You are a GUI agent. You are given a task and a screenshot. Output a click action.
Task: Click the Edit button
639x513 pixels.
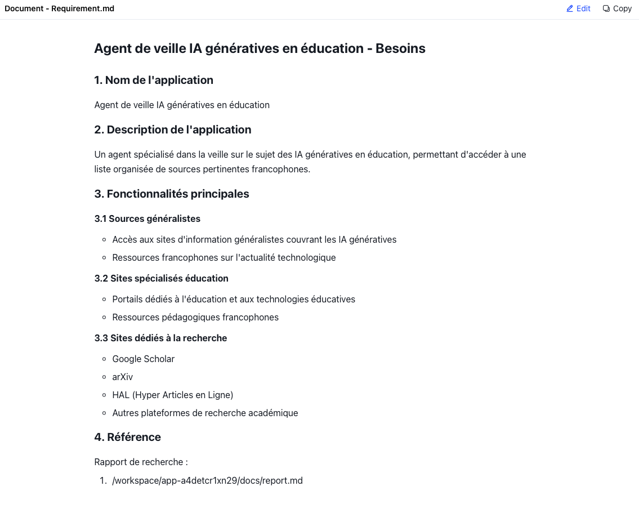[578, 8]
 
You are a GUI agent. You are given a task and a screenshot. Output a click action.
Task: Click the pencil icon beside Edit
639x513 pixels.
[570, 8]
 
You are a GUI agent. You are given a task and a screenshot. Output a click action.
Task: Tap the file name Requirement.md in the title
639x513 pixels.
[83, 8]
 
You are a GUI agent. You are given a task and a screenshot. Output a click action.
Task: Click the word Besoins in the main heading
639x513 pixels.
[400, 48]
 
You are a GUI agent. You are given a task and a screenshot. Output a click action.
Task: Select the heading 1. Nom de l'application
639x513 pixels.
[154, 80]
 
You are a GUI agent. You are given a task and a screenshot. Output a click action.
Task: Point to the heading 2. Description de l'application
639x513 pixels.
[172, 130]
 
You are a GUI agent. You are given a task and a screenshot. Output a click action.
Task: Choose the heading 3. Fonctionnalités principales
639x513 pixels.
[171, 194]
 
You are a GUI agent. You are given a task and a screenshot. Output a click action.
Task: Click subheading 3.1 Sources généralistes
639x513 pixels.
[147, 218]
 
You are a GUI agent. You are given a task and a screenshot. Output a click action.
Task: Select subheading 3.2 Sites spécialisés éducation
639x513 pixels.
[161, 278]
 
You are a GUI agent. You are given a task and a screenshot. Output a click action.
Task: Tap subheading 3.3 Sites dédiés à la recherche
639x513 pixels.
[160, 338]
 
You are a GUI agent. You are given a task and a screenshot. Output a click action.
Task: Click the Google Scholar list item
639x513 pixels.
[143, 359]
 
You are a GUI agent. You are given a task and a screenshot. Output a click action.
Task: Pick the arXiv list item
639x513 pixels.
[122, 377]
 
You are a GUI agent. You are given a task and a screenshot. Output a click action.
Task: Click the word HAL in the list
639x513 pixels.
[120, 395]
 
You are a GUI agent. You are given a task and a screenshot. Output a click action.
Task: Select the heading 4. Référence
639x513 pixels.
[127, 437]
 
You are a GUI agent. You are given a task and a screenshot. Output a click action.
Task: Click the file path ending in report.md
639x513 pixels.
[207, 480]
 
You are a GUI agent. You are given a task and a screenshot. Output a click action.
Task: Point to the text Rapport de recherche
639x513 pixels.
[140, 462]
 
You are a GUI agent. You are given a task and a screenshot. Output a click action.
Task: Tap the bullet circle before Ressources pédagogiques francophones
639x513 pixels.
[104, 318]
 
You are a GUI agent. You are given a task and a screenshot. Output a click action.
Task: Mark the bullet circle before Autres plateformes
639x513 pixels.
[104, 413]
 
